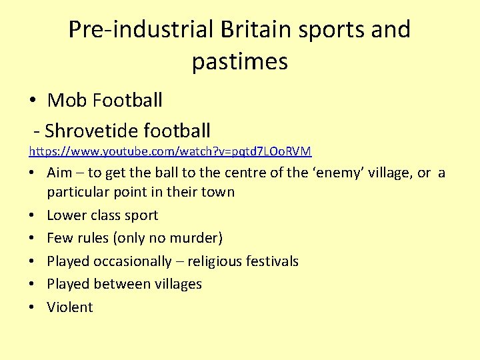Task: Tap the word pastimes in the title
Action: coord(240,61)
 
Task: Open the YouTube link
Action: coord(170,152)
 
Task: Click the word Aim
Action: coord(61,173)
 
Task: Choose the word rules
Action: coord(95,238)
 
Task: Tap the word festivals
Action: coord(269,261)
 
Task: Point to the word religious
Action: coord(210,261)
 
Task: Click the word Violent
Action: coord(70,307)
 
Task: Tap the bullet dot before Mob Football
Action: coord(32,101)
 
